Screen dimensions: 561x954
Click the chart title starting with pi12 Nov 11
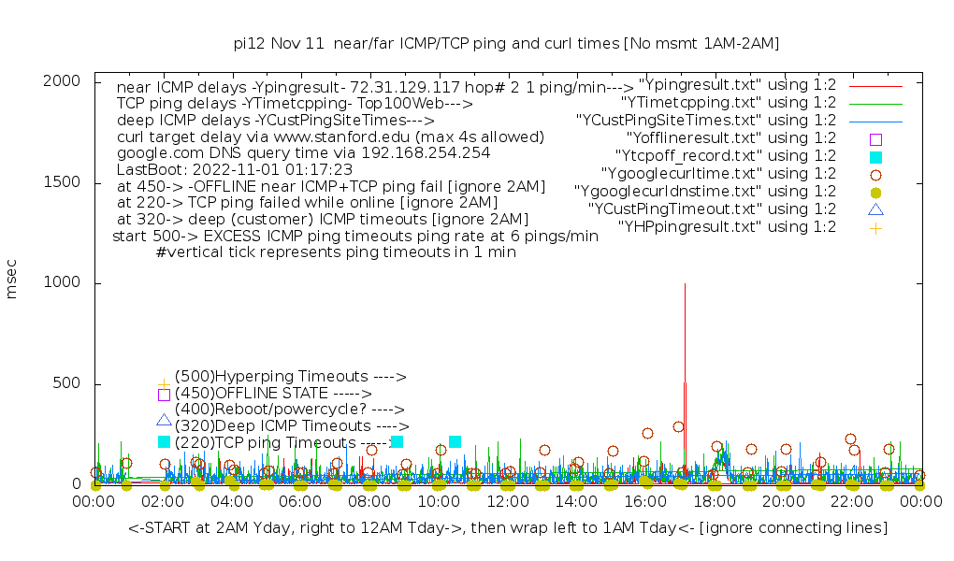[x=506, y=43]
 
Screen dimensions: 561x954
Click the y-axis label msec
[x=12, y=282]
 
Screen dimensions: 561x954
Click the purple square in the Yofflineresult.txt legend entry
[x=875, y=138]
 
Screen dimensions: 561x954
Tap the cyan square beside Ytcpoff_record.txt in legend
[x=875, y=156]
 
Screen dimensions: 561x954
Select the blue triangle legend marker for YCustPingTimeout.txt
[x=875, y=209]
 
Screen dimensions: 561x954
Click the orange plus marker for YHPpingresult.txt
[x=875, y=227]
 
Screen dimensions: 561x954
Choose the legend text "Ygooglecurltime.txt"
[x=705, y=173]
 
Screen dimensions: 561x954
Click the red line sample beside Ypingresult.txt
[x=875, y=85]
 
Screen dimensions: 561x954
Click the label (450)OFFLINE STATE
[x=273, y=394]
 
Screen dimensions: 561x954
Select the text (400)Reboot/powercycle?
[x=289, y=410]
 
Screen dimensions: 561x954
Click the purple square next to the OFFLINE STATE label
[x=164, y=395]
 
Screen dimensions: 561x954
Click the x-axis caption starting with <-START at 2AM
[x=508, y=528]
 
